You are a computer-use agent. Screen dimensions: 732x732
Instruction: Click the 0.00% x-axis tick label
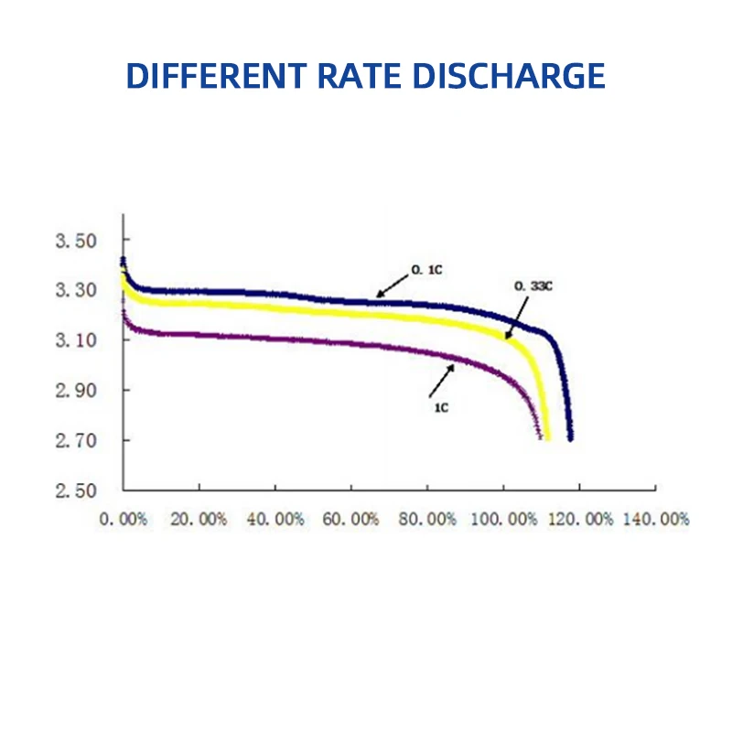(124, 519)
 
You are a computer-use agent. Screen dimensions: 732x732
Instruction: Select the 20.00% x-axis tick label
(199, 519)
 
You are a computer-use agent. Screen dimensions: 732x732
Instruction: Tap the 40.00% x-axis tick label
(275, 519)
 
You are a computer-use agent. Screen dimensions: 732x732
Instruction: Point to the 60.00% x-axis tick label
(351, 519)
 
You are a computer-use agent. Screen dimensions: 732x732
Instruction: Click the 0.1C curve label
(424, 272)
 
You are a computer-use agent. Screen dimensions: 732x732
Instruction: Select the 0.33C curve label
(533, 287)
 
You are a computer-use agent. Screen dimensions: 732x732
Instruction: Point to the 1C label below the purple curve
(441, 407)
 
